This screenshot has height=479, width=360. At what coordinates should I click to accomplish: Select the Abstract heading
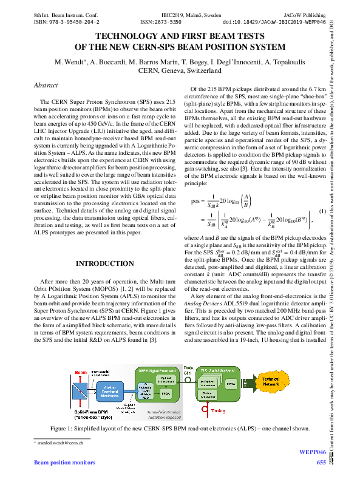click(46, 86)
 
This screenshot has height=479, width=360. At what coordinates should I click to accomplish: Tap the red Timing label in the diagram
click(218, 411)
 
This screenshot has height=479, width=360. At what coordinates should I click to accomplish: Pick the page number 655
click(321, 463)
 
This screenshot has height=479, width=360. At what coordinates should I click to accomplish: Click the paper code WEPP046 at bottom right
click(314, 452)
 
